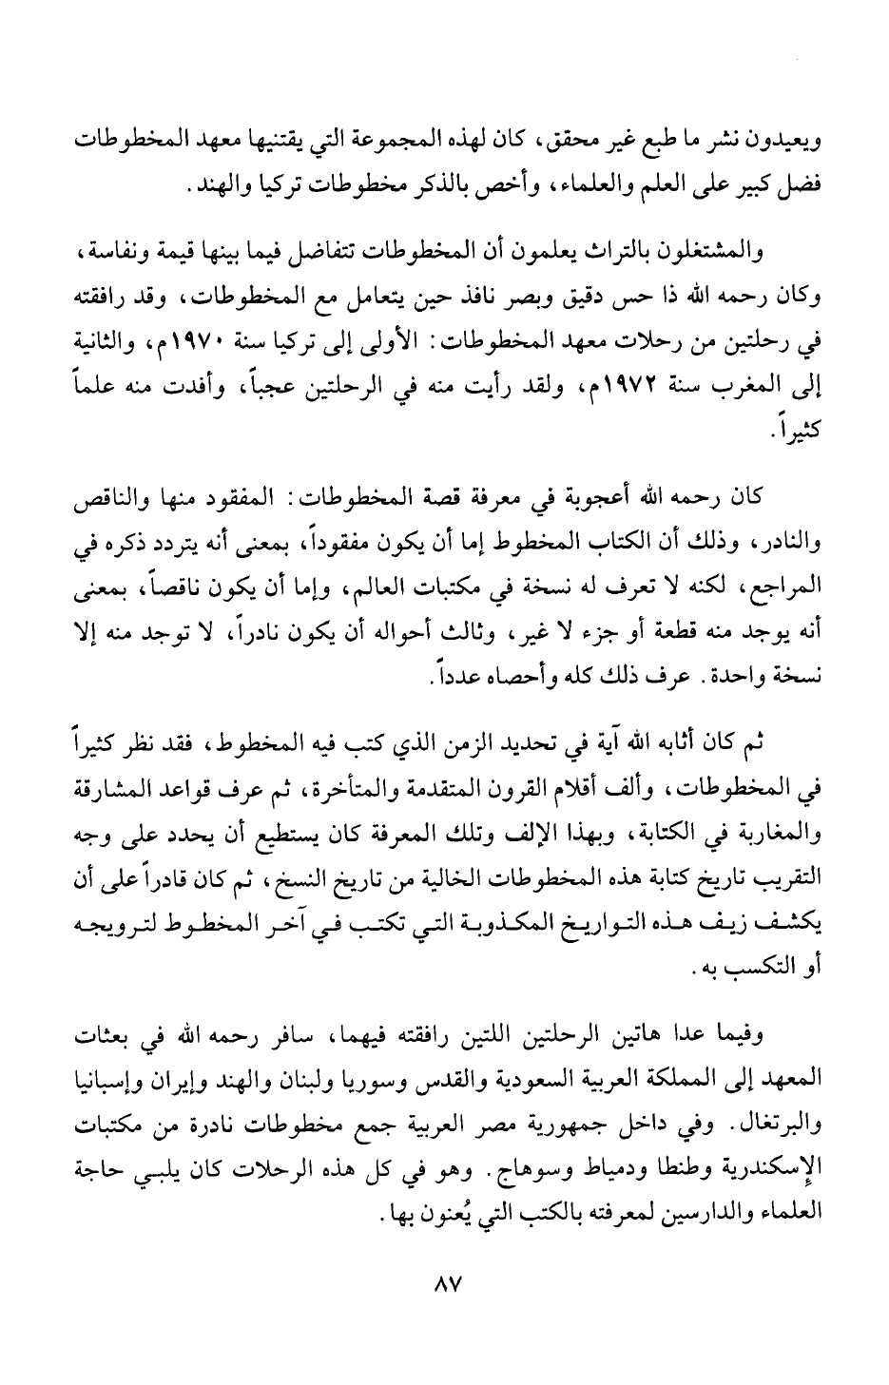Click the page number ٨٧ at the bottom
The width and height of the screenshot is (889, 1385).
click(445, 1284)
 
